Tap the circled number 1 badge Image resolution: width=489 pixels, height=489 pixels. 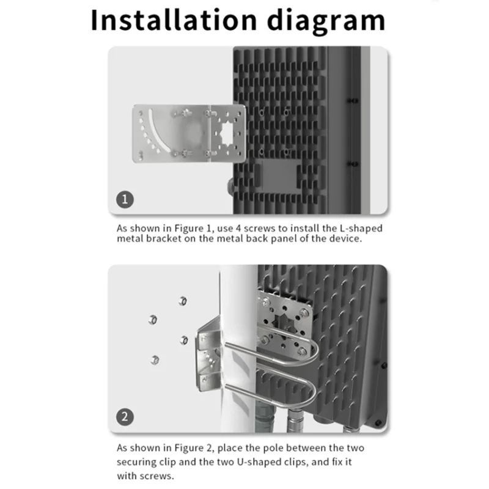[125, 199]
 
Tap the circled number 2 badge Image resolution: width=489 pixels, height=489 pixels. [125, 418]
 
